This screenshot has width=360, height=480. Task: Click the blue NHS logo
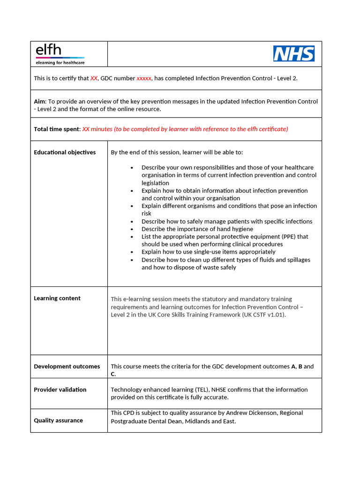[294, 53]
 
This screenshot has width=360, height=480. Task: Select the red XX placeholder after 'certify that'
[94, 78]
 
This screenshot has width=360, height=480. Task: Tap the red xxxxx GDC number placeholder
[144, 78]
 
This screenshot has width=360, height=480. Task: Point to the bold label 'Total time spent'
[56, 129]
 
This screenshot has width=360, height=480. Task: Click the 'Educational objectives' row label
[65, 152]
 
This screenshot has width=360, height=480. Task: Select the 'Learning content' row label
[57, 298]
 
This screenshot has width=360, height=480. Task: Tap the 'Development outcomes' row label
[67, 367]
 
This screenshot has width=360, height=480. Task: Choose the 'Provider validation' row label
[60, 390]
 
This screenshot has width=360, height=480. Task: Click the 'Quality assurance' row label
[58, 420]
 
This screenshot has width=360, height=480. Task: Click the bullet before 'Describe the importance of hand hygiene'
[132, 229]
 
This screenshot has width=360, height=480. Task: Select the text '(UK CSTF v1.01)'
[263, 315]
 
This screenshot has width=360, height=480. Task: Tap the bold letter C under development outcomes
[113, 374]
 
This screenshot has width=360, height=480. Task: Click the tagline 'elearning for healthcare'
[60, 62]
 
